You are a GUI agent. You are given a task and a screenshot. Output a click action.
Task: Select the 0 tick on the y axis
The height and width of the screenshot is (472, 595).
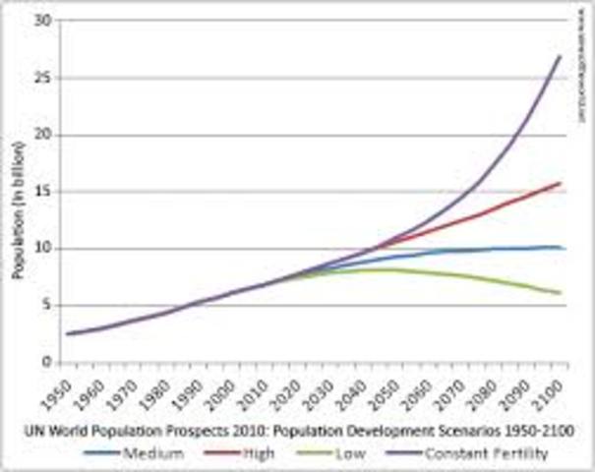coord(43,362)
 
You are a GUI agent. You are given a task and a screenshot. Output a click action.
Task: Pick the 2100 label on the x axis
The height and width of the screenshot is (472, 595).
coord(558,391)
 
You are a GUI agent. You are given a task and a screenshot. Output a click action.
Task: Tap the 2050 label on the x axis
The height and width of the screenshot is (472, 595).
coord(394,391)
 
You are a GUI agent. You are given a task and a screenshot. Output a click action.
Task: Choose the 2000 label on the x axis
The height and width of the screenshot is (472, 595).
coord(230,391)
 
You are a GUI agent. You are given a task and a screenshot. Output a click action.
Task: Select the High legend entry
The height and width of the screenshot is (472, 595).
coord(250,453)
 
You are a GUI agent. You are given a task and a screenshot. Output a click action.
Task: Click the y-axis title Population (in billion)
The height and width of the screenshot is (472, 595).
coord(17,192)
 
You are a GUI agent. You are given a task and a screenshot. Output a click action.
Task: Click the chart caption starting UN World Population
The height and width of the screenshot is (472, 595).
coord(300,431)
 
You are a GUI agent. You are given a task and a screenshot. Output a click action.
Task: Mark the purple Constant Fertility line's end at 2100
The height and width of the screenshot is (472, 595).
coord(561,56)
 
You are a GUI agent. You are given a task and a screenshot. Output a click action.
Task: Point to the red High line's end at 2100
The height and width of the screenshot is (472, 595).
coord(561,183)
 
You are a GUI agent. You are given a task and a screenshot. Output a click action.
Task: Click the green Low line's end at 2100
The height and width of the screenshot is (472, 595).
coord(561,293)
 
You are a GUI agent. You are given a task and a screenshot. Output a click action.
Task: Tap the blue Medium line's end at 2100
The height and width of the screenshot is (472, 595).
coord(561,247)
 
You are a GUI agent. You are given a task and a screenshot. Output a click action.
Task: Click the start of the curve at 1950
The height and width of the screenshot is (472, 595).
coord(67,333)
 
